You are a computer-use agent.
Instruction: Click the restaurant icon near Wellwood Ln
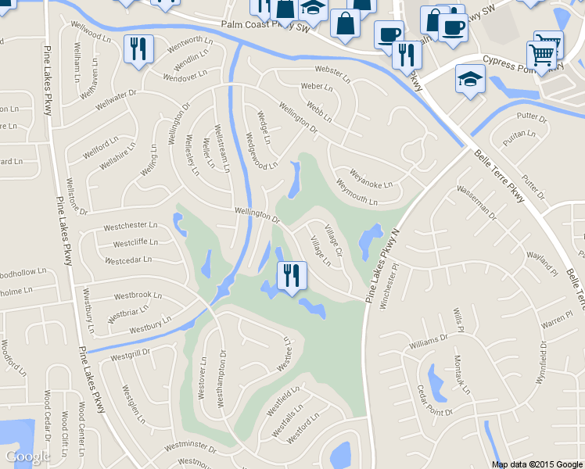coord(138,50)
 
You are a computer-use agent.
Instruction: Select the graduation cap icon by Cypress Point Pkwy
coord(471,81)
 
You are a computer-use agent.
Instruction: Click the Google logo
coord(28,456)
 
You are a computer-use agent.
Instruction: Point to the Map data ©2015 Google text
coord(537,464)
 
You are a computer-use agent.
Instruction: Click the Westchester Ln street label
coord(131,226)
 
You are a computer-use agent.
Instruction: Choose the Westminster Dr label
coord(189,447)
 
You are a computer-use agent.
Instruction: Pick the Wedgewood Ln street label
coord(261,153)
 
